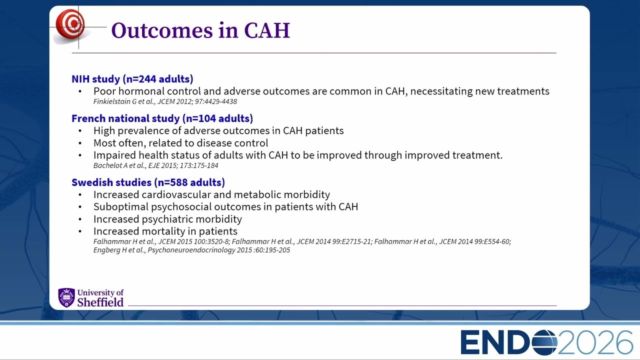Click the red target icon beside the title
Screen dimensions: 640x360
tap(70, 24)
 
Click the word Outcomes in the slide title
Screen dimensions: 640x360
tap(162, 30)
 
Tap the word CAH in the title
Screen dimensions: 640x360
tap(267, 30)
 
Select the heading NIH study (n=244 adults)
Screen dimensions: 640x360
tap(132, 79)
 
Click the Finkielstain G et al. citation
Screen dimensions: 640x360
tap(165, 101)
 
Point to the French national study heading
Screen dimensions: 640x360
tap(162, 118)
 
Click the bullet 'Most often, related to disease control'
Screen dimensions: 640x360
tap(181, 143)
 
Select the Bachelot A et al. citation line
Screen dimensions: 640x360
tap(155, 165)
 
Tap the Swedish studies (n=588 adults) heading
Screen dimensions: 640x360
tap(148, 182)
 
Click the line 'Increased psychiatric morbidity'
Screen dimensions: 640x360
tap(167, 219)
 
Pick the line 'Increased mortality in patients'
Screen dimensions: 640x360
tap(165, 231)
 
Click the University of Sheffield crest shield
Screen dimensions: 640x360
tap(66, 297)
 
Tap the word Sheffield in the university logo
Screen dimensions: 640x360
tap(100, 302)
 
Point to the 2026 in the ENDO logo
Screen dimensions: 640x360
tap(595, 342)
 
